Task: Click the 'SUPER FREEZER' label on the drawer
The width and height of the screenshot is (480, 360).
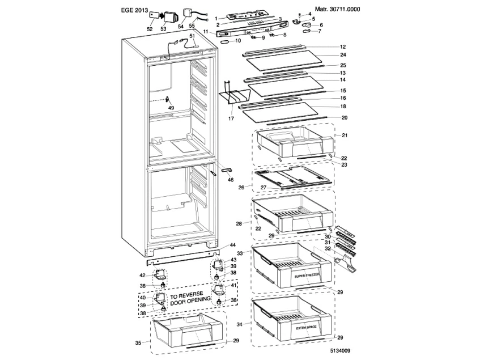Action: pyautogui.click(x=307, y=276)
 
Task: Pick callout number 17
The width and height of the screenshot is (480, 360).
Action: pyautogui.click(x=231, y=118)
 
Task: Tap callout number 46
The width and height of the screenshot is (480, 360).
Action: pyautogui.click(x=231, y=180)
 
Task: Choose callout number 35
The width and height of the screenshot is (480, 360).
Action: pyautogui.click(x=138, y=342)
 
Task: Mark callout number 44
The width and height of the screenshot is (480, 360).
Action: pyautogui.click(x=232, y=245)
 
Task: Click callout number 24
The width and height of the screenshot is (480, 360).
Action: pyautogui.click(x=343, y=55)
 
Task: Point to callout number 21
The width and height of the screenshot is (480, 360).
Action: pyautogui.click(x=343, y=135)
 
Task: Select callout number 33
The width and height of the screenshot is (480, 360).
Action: pyautogui.click(x=240, y=253)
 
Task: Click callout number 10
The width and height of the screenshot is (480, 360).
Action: pyautogui.click(x=238, y=40)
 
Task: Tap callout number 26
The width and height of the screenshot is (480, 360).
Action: pyautogui.click(x=241, y=187)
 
